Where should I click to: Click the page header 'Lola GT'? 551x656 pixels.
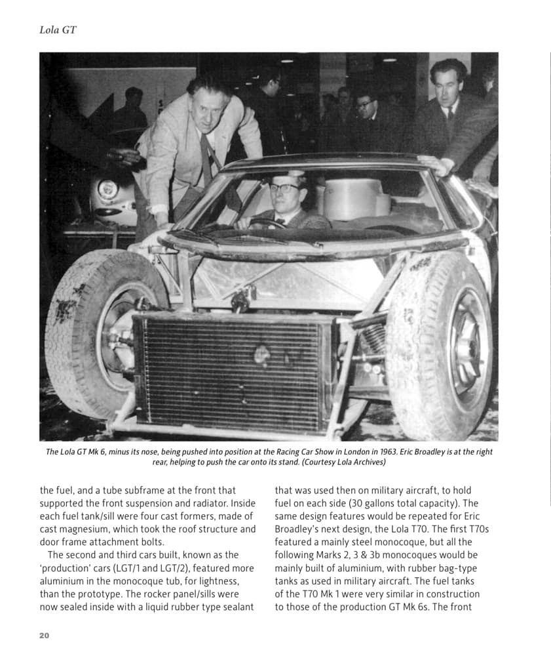tap(58, 30)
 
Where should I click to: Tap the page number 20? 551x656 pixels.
tap(45, 635)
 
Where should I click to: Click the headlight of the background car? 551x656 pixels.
tap(108, 190)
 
